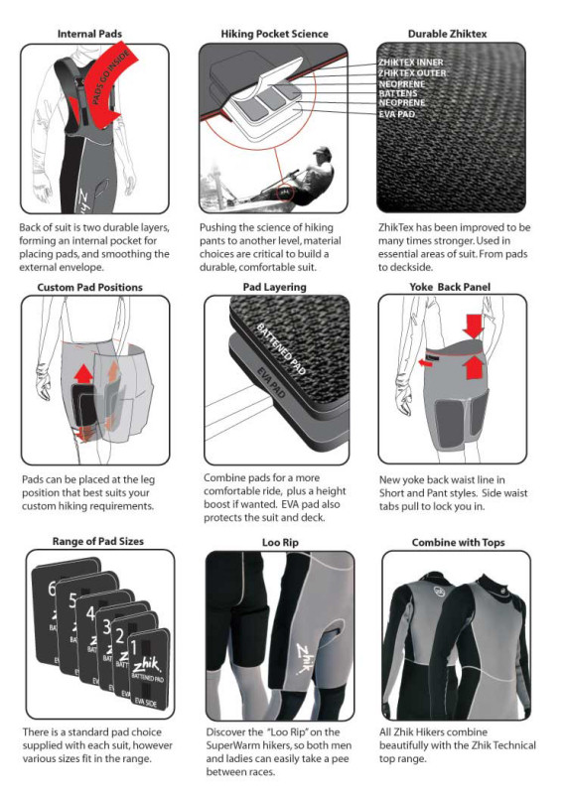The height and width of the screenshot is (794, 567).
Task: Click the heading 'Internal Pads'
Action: coord(89,34)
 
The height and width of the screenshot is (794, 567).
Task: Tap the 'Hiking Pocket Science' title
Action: coord(274,34)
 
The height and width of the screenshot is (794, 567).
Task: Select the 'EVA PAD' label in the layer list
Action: coord(397,114)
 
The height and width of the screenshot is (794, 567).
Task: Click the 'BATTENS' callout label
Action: coord(398,93)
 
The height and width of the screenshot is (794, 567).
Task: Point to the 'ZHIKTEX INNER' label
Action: coord(411,63)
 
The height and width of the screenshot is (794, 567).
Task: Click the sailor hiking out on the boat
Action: coord(304,178)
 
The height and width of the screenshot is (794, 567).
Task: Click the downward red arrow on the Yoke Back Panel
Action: coord(474,326)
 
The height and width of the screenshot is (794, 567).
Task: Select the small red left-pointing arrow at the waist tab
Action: coord(423,363)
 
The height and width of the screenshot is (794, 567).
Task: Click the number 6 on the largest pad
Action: coord(52,589)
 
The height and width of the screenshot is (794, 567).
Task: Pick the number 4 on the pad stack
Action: coord(90,613)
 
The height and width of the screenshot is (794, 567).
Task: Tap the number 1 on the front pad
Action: coord(134,648)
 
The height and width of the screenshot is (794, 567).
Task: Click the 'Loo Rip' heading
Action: coord(280,542)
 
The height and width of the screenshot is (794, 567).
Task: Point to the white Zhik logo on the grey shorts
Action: coord(306,658)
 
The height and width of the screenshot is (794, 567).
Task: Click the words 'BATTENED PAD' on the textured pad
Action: coord(281,349)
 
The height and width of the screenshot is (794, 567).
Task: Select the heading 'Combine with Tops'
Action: coord(458,542)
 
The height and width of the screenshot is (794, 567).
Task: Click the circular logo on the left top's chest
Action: coord(439,591)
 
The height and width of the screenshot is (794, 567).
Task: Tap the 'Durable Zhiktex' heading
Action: coord(447,34)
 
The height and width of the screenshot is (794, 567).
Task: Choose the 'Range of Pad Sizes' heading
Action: coord(97,541)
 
